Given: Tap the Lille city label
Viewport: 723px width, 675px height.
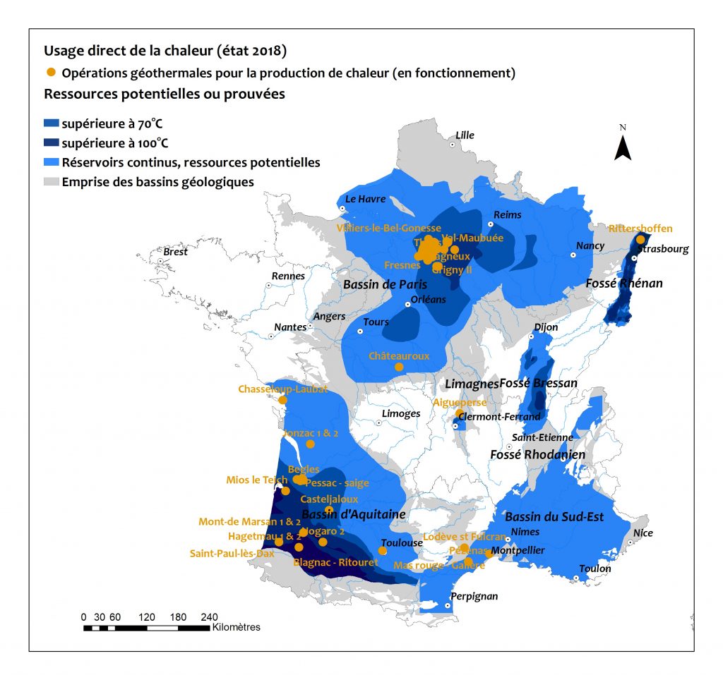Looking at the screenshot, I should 465,135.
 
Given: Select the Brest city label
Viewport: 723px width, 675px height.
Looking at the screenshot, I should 175,252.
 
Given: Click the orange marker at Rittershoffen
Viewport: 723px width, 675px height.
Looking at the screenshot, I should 640,239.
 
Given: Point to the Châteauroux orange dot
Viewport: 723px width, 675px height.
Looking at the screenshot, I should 399,367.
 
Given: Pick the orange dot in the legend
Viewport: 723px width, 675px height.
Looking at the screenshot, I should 50,73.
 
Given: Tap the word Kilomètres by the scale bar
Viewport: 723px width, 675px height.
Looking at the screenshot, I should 237,627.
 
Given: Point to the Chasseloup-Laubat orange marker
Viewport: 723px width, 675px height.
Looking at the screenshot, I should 282,400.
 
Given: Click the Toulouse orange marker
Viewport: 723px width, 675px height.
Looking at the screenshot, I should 383,550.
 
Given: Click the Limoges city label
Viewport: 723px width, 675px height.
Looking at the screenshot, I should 400,414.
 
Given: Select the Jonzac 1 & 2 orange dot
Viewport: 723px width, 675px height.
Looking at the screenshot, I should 310,444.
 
